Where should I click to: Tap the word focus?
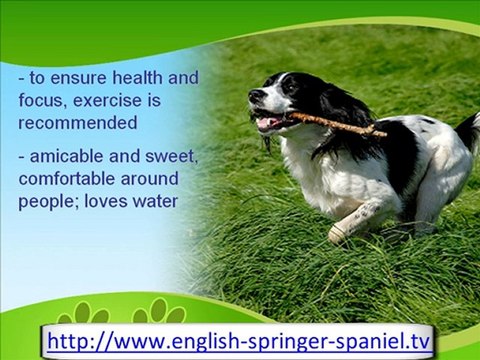point(41,101)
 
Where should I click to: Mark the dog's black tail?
point(467,130)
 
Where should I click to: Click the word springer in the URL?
point(262,341)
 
